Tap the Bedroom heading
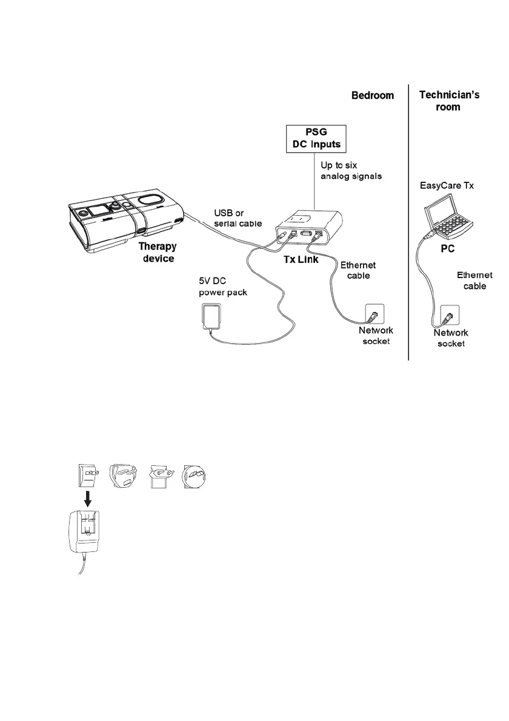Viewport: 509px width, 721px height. click(373, 95)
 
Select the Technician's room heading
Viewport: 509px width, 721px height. click(449, 101)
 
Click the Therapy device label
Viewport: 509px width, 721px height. click(158, 252)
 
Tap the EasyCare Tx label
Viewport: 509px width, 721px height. click(447, 185)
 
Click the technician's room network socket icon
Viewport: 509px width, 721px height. click(450, 316)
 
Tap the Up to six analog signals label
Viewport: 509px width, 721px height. click(351, 171)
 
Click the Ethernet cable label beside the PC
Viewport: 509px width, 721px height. click(474, 281)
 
